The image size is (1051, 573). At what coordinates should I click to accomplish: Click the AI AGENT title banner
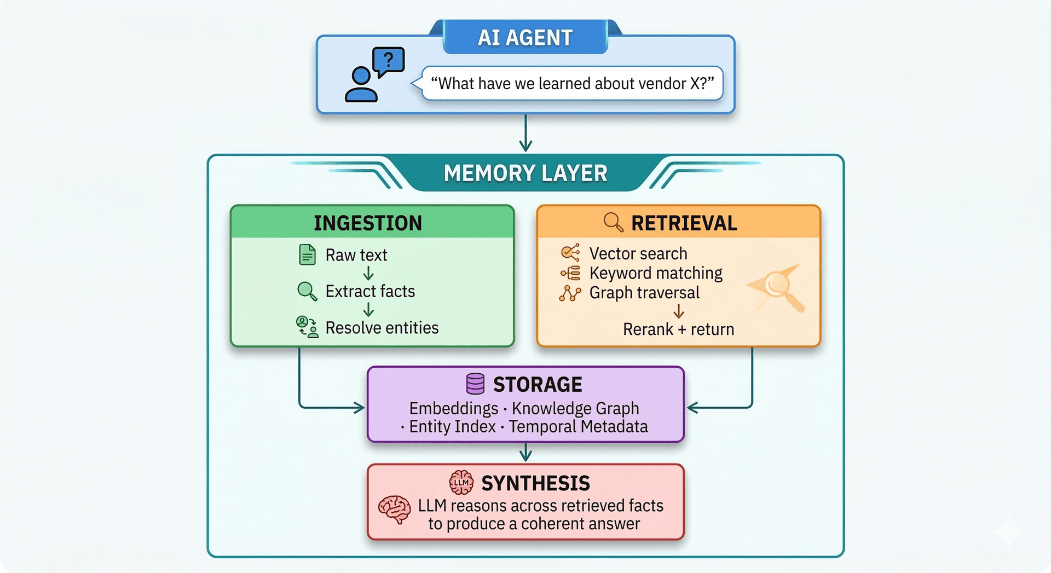525,38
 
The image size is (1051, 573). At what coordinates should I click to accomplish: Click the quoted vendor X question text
572,83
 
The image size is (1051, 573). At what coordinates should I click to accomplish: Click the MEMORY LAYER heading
525,173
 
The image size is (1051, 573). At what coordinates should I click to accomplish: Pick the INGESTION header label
368,223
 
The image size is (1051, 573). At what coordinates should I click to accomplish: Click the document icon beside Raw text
308,255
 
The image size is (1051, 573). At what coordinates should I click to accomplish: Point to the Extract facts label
370,291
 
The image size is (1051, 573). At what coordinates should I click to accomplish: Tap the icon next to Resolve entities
307,327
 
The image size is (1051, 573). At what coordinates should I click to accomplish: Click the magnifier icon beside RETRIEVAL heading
613,222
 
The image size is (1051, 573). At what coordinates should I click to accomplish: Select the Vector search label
638,253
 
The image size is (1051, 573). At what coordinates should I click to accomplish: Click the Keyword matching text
656,273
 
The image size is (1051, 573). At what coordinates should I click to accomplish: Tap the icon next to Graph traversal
570,293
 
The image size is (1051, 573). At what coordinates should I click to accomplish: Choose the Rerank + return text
678,329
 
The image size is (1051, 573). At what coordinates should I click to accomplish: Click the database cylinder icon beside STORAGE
475,384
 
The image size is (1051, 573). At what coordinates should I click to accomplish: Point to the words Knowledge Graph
575,408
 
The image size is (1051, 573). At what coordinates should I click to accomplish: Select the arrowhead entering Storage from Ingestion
359,408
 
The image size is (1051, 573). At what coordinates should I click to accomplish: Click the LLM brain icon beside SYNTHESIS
461,482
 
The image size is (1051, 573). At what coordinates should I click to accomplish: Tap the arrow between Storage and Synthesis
525,453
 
